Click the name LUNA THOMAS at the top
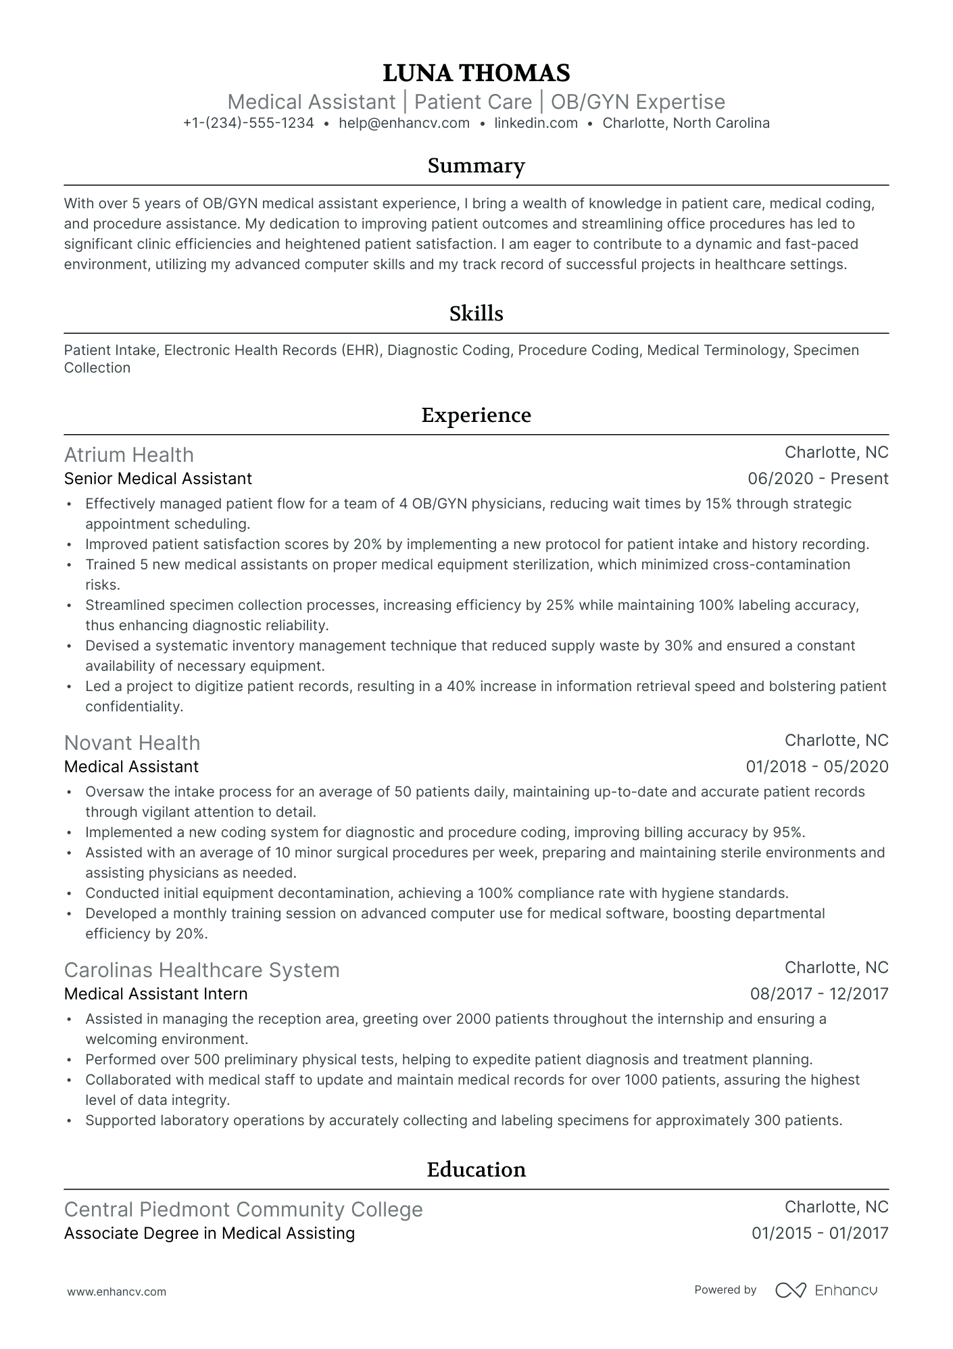point(476,73)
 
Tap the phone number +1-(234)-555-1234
point(248,123)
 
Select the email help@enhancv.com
point(404,123)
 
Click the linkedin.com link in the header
point(536,123)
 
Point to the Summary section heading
point(476,166)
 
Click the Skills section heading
point(476,314)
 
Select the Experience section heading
point(476,415)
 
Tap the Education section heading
point(476,1170)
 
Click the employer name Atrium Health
point(129,455)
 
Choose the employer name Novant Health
point(132,743)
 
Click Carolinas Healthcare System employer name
point(202,970)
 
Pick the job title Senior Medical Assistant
point(158,479)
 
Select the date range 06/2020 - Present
point(818,479)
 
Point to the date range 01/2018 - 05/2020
point(816,767)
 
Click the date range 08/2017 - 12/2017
point(819,994)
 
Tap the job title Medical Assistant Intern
point(156,994)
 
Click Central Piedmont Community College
point(243,1210)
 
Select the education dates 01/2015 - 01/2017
point(820,1233)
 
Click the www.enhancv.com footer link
point(116,1292)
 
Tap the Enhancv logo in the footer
point(826,1290)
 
